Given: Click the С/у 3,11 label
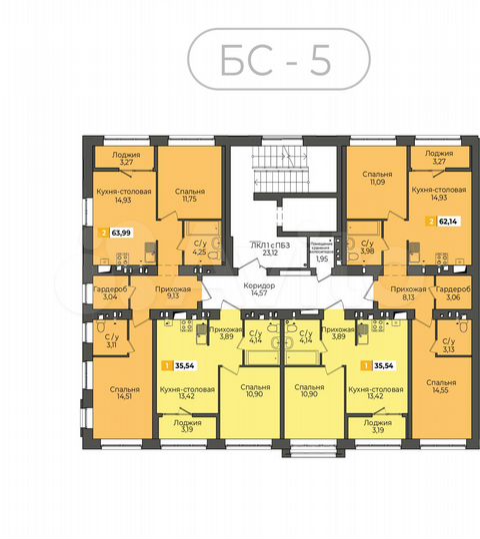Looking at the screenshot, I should pyautogui.click(x=109, y=341).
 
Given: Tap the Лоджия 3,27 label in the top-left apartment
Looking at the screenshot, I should pyautogui.click(x=126, y=159).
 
